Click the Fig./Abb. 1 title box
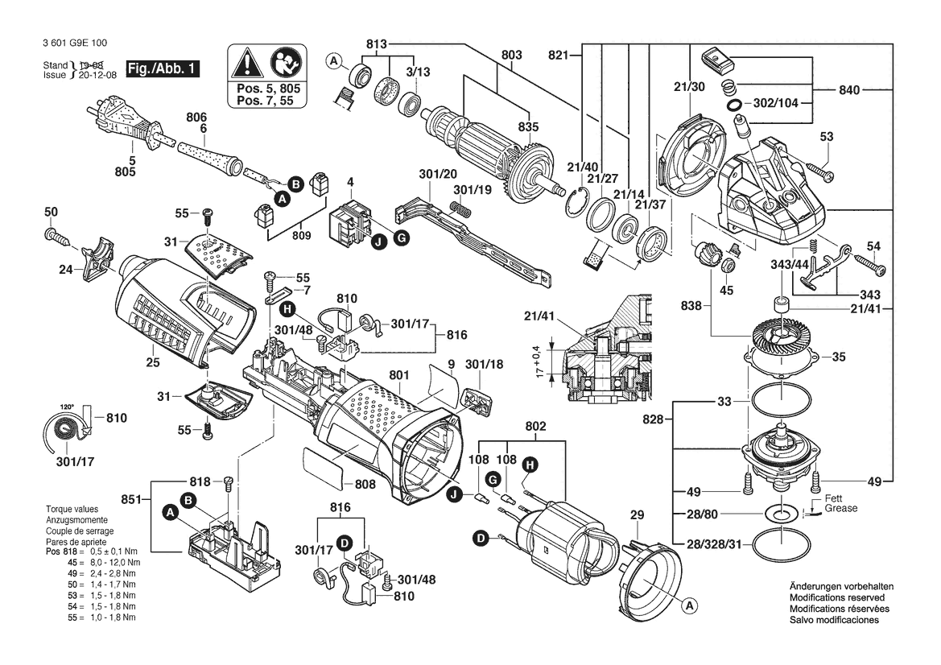point(163,68)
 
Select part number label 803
point(511,55)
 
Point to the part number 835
point(529,127)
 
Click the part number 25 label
point(153,362)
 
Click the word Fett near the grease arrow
point(833,498)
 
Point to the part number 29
point(637,515)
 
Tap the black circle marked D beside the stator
point(481,539)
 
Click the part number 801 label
point(399,376)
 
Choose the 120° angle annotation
point(67,407)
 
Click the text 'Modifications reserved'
point(836,598)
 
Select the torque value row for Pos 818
point(92,551)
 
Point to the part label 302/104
point(775,102)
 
